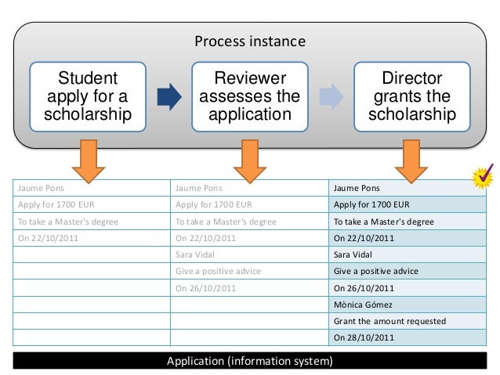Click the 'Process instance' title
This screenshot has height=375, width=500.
249,41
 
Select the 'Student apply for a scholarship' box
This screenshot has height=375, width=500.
88,96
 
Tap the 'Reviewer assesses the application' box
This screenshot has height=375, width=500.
249,96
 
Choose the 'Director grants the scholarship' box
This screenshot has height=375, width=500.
411,96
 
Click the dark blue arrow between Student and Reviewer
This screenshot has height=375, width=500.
168,96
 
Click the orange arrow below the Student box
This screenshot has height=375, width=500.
88,160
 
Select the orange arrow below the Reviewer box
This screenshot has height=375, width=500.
249,160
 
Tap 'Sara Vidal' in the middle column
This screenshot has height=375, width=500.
197,254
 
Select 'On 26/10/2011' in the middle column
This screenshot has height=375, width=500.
205,287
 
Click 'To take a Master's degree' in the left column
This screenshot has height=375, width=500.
67,222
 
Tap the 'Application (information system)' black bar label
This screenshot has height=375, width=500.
249,361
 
